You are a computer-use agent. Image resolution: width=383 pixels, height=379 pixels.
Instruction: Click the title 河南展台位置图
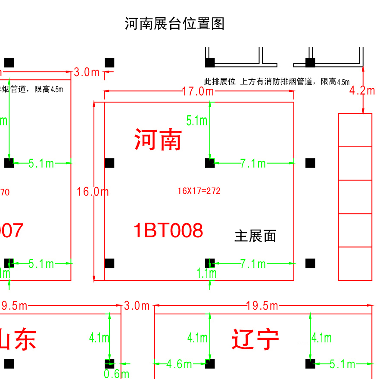point(174,23)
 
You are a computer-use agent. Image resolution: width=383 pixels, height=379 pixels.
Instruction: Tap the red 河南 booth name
point(158,140)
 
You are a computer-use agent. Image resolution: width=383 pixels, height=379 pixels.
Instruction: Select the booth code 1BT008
point(168,231)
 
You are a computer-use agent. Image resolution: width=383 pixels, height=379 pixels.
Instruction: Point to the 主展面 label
point(255,236)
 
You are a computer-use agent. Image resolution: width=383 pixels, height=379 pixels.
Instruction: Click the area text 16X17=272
point(199,191)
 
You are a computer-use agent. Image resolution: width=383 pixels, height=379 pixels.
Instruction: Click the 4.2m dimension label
point(362,90)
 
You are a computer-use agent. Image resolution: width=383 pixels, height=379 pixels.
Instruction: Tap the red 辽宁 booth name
point(255,339)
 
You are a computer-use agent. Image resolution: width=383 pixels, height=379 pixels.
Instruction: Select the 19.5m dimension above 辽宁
point(262,306)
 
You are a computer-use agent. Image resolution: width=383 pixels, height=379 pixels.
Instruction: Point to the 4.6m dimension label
point(179,364)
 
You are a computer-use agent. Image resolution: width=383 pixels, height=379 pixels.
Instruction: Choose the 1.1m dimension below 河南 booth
point(207,273)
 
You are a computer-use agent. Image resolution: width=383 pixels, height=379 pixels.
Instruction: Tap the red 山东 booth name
point(17,339)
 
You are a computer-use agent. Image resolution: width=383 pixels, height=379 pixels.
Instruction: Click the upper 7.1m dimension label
point(253,163)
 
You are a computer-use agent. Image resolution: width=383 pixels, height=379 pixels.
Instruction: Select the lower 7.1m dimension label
point(253,264)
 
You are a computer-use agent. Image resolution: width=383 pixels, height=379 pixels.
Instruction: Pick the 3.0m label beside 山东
point(137,306)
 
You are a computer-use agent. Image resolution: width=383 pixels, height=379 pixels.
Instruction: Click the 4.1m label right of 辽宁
point(321,338)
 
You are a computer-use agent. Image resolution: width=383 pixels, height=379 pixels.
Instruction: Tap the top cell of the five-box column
point(355,130)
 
